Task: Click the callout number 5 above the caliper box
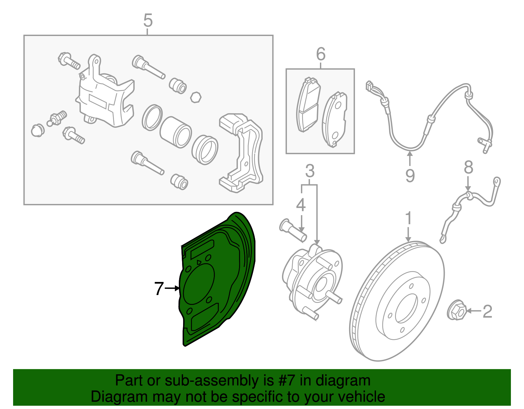[148, 21]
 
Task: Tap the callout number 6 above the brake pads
[321, 54]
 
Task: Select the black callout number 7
[159, 288]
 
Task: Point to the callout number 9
[410, 176]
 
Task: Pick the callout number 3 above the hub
[310, 171]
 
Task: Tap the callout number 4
[301, 205]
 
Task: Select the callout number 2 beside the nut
[487, 311]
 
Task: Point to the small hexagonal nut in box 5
[196, 97]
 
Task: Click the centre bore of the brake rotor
[406, 308]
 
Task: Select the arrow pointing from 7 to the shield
[172, 288]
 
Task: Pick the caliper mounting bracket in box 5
[242, 154]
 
